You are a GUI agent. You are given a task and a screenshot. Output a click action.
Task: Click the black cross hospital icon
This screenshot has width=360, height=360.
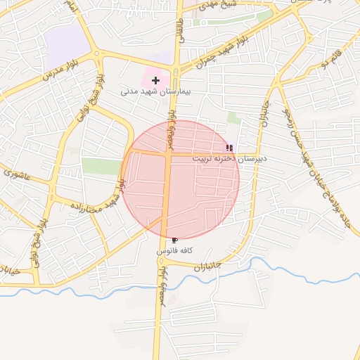point(155,81)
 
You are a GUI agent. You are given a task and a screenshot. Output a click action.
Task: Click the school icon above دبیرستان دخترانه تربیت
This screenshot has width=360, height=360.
point(229,148)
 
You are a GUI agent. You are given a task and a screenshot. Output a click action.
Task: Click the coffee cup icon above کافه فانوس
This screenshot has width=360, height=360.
point(174,240)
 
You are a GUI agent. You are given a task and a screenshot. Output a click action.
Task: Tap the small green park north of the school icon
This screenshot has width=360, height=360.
point(234,117)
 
